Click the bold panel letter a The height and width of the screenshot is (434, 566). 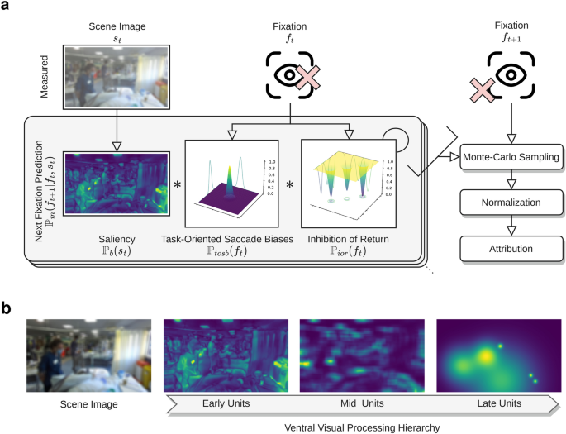[7, 7]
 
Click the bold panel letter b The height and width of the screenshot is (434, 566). [7, 308]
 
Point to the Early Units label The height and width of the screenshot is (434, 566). [225, 404]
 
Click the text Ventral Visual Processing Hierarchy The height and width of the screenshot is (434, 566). [361, 426]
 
